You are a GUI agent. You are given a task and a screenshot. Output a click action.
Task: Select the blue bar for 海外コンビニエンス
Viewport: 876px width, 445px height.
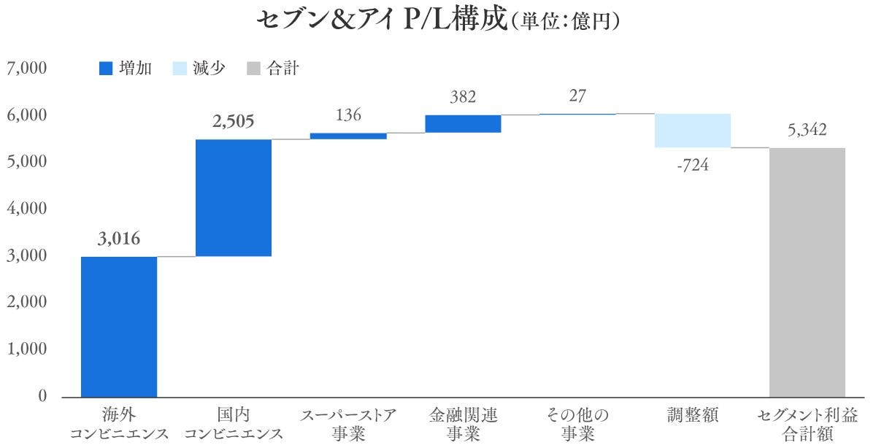coord(119,327)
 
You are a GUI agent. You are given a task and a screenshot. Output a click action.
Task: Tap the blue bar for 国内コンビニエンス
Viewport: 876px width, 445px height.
coord(234,198)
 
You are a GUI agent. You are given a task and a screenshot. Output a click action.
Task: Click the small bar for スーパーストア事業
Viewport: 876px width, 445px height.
coord(348,136)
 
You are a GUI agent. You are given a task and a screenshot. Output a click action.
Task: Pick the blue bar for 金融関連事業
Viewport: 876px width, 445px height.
coord(463,124)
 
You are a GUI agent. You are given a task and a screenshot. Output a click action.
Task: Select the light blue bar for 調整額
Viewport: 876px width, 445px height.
coord(692,131)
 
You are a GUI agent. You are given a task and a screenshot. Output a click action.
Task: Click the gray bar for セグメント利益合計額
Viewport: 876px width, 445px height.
coord(807,272)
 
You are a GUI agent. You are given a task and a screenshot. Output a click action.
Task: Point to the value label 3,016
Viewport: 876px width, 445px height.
coord(118,239)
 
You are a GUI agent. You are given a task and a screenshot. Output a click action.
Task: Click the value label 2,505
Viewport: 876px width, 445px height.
coord(234,121)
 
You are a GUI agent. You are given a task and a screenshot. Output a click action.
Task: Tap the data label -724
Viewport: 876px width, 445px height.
coord(692,165)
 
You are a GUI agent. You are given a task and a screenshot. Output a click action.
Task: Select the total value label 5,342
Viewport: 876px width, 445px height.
coord(807,131)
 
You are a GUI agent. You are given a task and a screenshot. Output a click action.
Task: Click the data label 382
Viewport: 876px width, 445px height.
coord(463,97)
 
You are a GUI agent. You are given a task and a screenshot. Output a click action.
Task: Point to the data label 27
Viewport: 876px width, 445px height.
coord(577,96)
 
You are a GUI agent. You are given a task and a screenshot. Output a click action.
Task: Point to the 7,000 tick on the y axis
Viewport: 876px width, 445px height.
coord(27,69)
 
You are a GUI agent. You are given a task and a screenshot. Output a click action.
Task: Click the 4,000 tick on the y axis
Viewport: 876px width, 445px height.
coord(27,209)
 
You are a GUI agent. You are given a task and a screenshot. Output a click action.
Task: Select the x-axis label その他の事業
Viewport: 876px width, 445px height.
coord(577,425)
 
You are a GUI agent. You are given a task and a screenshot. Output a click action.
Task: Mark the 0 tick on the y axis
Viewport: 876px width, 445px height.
coord(40,397)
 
